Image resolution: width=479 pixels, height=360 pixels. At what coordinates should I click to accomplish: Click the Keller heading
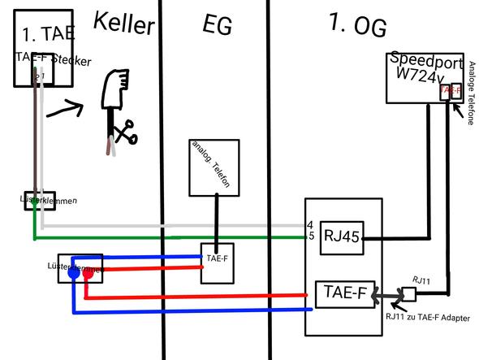coord(123,24)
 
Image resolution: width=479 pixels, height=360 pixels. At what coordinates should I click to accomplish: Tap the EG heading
coord(217,25)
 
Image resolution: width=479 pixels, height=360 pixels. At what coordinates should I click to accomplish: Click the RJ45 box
coord(341,237)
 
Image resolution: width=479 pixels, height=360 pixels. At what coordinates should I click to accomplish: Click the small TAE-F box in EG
coord(217,262)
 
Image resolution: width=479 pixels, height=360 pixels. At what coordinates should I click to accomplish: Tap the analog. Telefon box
coord(215,167)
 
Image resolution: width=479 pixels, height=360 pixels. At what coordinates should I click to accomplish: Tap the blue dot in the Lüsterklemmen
coord(73,275)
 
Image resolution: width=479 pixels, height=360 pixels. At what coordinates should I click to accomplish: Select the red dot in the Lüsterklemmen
coord(88,275)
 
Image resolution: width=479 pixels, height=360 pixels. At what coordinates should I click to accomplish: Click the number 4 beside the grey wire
coord(310,223)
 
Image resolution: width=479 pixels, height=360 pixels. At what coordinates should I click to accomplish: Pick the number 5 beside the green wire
coord(310,236)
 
